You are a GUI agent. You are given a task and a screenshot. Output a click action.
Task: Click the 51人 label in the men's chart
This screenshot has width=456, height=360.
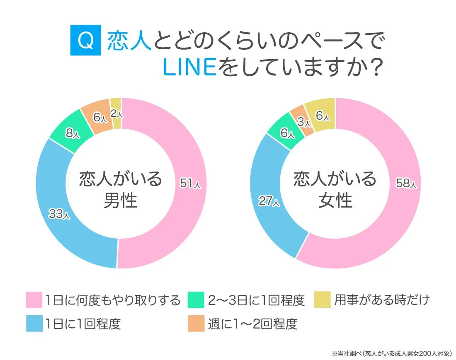190,184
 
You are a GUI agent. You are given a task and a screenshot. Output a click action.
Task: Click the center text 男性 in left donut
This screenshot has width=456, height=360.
120,201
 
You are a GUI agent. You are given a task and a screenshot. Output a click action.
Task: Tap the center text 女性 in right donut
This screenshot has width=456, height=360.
335,201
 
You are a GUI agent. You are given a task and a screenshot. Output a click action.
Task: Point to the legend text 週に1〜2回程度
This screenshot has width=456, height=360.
253,324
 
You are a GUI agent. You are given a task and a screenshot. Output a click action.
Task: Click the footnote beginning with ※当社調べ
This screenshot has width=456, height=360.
391,353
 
